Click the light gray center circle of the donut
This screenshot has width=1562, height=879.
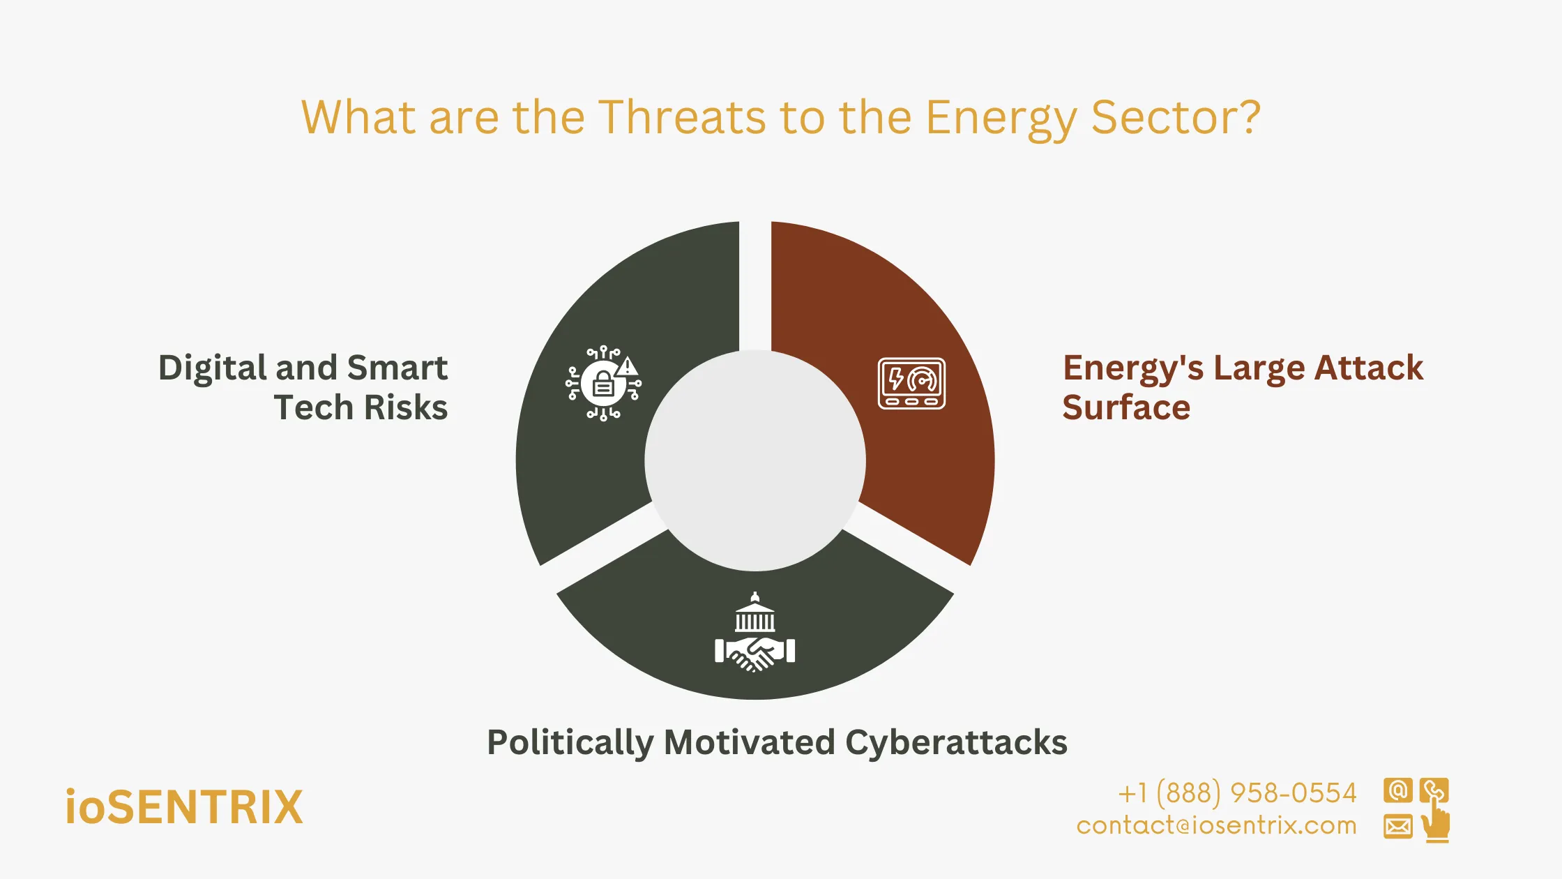click(755, 460)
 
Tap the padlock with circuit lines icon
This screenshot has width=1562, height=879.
click(602, 384)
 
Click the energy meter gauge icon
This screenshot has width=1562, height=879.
click(911, 383)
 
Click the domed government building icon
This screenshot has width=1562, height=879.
click(755, 613)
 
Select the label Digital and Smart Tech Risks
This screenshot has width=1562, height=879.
click(303, 387)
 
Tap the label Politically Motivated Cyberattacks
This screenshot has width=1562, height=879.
click(777, 742)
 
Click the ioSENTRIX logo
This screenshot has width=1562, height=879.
click(184, 807)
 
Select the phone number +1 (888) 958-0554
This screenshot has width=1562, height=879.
click(1237, 793)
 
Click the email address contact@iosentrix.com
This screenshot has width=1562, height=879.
click(1216, 826)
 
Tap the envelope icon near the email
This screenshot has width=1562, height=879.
click(1397, 827)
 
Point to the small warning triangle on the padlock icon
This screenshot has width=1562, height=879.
click(628, 366)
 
